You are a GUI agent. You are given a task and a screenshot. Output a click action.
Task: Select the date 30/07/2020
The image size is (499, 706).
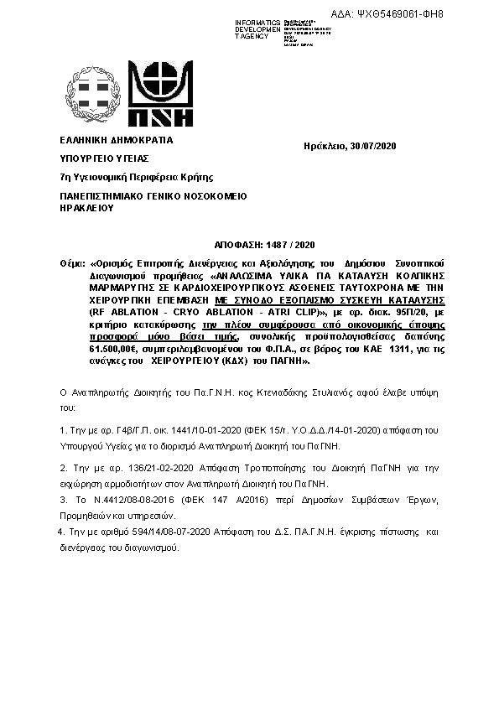click(x=373, y=146)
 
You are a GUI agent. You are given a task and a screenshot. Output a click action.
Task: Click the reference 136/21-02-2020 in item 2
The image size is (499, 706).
click(x=150, y=467)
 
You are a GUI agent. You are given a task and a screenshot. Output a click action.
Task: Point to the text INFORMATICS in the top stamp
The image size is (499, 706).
click(x=258, y=22)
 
